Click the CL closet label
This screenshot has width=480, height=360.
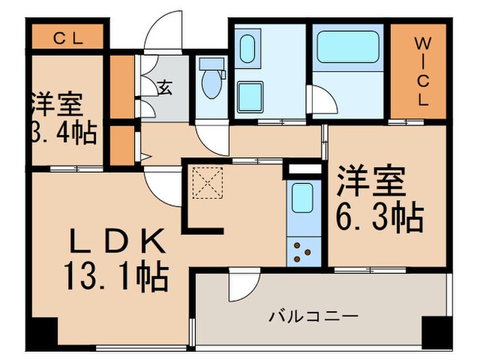tap(68, 38)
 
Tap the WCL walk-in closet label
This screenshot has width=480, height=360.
tap(420, 71)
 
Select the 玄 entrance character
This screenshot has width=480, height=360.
tap(165, 87)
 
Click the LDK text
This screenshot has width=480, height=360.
tap(117, 241)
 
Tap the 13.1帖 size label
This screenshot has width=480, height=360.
tap(117, 277)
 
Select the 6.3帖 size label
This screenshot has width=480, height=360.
tap(378, 218)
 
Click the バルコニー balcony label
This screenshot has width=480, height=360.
tap(313, 317)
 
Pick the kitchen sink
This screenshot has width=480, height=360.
tap(302, 198)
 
